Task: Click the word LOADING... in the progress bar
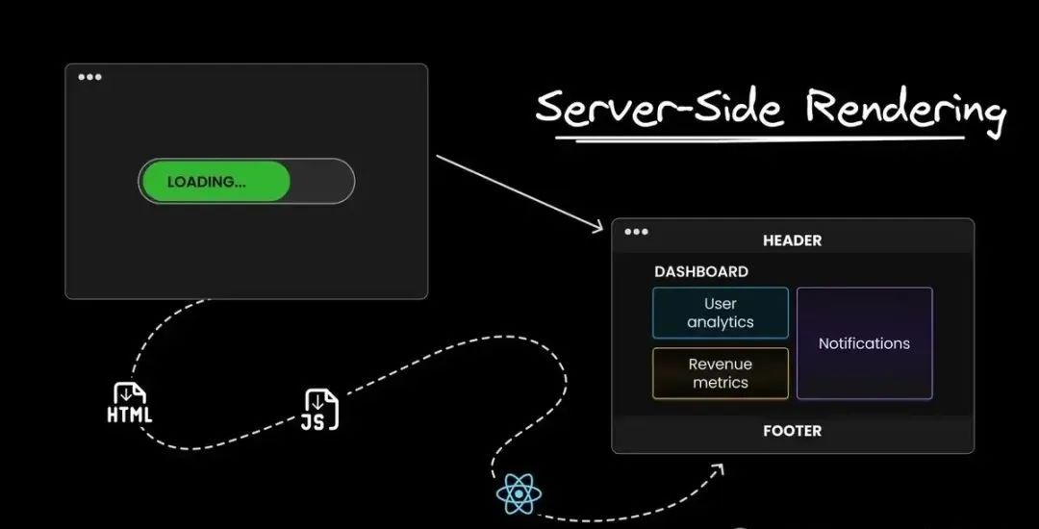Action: [206, 182]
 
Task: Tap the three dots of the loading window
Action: [89, 77]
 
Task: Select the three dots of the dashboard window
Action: [636, 232]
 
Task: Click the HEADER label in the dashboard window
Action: [792, 240]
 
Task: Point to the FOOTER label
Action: [792, 431]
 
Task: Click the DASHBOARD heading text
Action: [701, 272]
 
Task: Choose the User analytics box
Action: [721, 314]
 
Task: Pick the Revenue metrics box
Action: [721, 373]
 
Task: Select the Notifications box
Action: [864, 343]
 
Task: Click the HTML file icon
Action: [130, 403]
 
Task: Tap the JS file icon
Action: [321, 410]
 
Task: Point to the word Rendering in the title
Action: [904, 109]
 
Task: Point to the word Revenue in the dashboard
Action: [721, 365]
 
